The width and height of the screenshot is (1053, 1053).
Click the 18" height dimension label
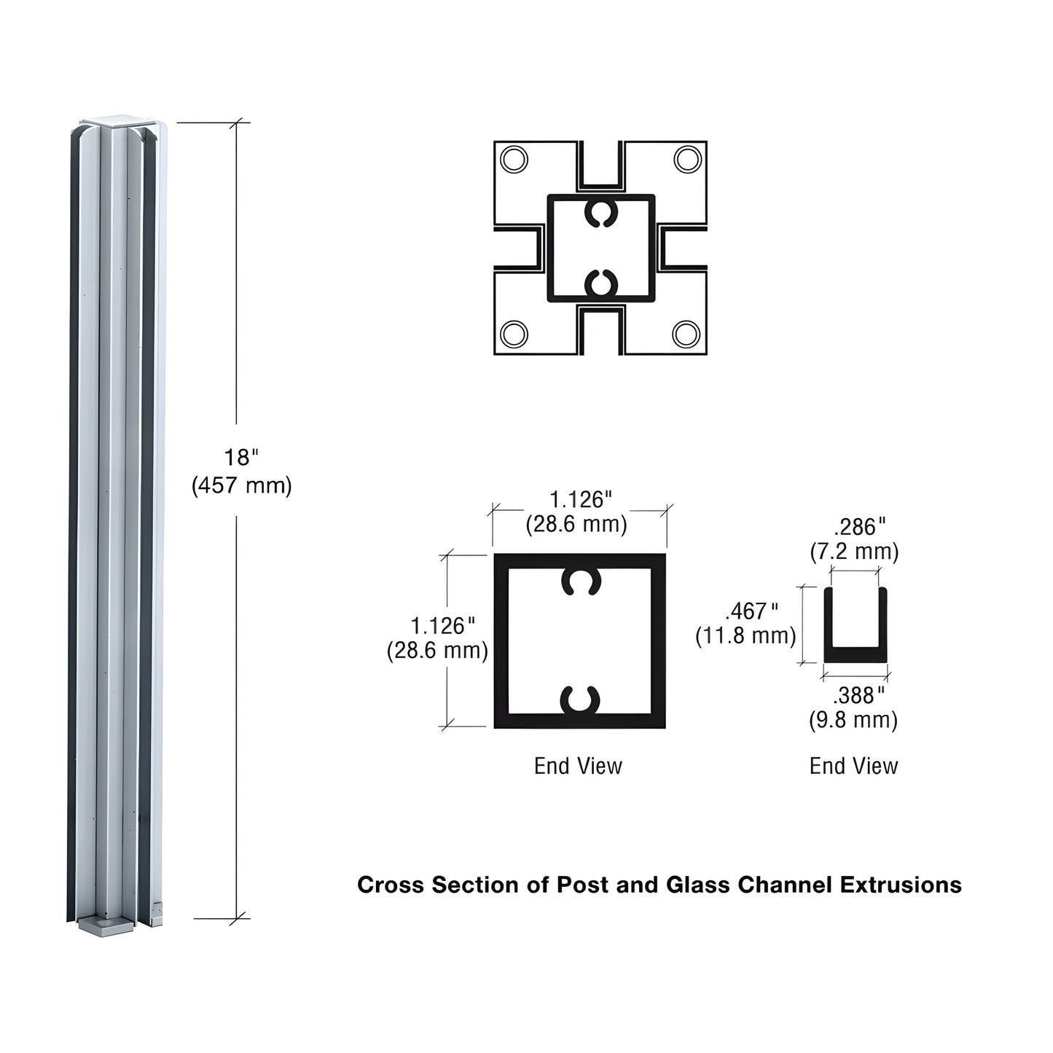click(x=241, y=458)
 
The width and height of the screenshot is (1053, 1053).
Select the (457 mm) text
click(x=242, y=485)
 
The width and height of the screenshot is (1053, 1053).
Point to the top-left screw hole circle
click(x=514, y=159)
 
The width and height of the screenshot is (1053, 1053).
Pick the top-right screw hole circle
click(x=687, y=159)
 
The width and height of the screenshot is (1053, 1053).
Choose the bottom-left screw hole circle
click(x=514, y=334)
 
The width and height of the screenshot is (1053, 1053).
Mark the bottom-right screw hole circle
click(x=686, y=334)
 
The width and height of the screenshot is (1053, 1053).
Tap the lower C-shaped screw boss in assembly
click(x=601, y=283)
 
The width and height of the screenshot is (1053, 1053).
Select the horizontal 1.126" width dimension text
click(x=580, y=500)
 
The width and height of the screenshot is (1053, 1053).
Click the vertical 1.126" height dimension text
click(x=442, y=626)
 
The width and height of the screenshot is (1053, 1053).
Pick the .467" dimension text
click(x=751, y=611)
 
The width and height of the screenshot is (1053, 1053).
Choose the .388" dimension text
click(x=858, y=695)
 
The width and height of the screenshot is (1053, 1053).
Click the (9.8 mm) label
click(x=853, y=720)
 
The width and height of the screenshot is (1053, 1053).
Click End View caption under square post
click(x=578, y=766)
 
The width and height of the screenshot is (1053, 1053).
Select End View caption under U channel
click(x=853, y=766)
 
